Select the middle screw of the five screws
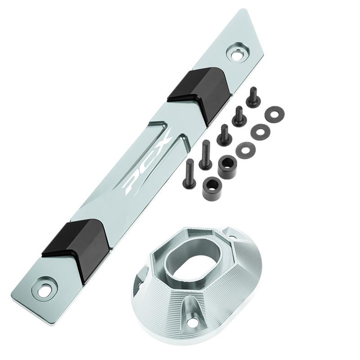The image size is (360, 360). coord(223,135)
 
